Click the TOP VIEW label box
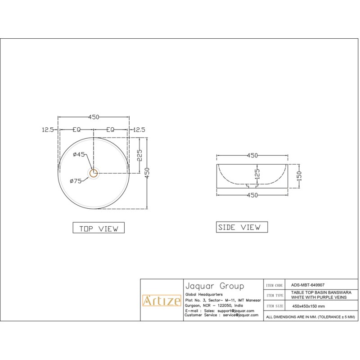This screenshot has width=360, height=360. [x=99, y=228]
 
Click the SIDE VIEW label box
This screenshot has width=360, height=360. [x=242, y=227]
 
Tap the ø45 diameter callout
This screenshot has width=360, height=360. [x=79, y=154]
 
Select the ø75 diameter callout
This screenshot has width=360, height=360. [x=76, y=181]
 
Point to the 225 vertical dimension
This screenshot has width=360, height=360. [x=139, y=155]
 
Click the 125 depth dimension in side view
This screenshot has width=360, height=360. [x=257, y=174]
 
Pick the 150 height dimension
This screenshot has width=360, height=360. [x=299, y=176]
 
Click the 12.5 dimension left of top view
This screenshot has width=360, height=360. [x=48, y=130]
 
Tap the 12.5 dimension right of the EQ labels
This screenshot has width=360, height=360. [x=139, y=130]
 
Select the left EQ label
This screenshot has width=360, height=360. [x=76, y=130]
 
